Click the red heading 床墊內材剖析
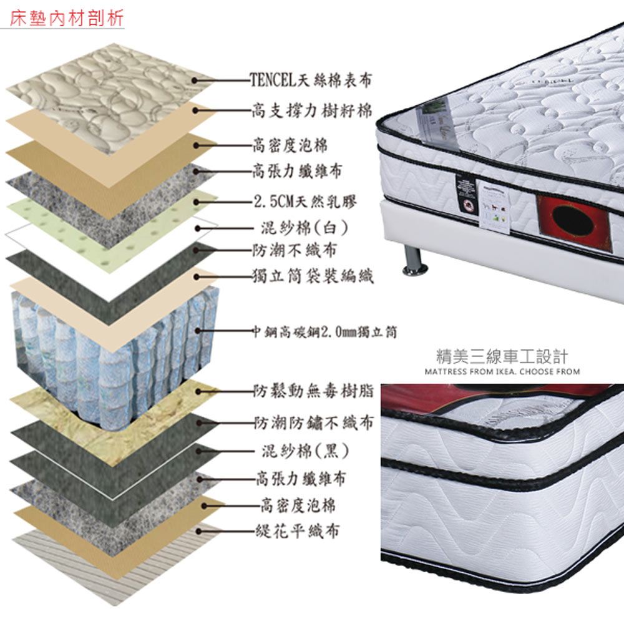67,18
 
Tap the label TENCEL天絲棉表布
310,80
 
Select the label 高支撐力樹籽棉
312,110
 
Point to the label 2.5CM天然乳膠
305,202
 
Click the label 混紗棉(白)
305,228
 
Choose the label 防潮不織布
295,250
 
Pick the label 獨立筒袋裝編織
313,276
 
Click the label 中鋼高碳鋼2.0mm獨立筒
325,331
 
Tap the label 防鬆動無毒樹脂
314,391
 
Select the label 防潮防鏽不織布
314,422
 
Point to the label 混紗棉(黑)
305,451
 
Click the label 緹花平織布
298,531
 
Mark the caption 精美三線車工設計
502,356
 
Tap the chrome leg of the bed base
414,261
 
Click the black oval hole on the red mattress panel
573,221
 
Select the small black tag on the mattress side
466,194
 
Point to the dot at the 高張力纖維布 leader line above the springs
196,171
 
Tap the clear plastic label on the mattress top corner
437,121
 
